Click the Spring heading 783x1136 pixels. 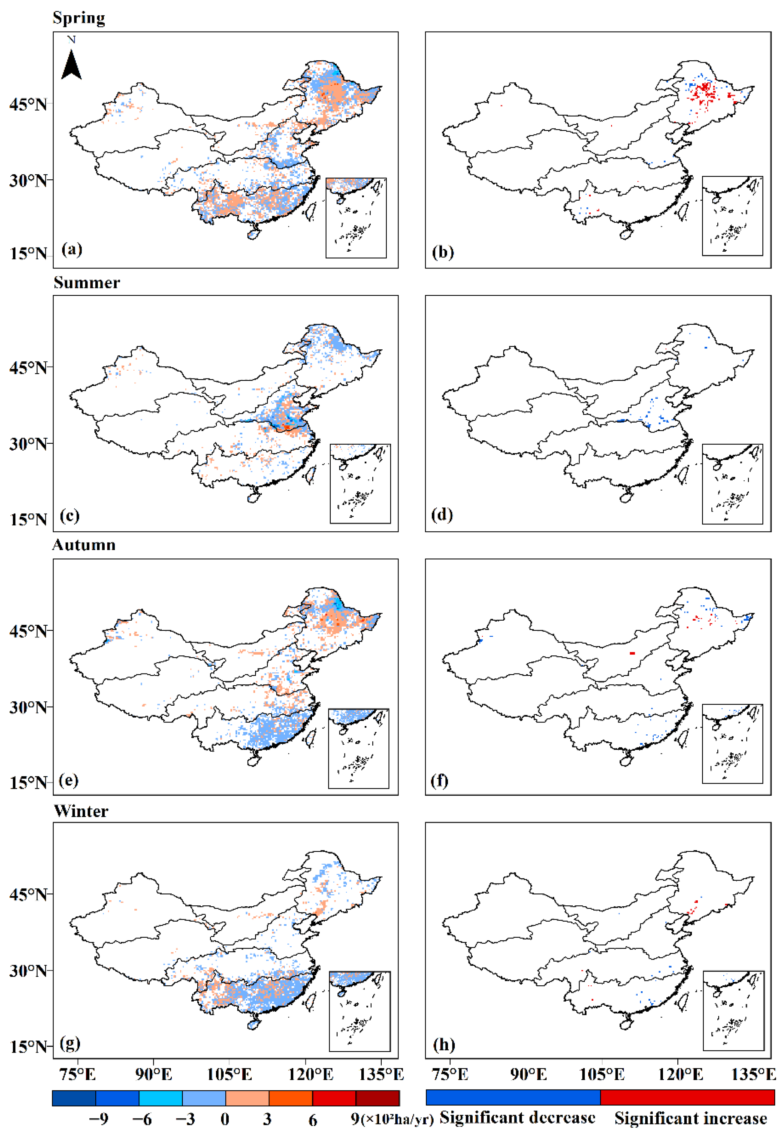coord(78,18)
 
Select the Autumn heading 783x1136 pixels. coord(84,545)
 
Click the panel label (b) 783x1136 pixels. coord(443,252)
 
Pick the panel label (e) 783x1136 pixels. coord(68,780)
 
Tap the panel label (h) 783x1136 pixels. coord(444,1044)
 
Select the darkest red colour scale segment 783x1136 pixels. coord(377,1098)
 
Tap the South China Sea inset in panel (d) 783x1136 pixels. coord(732,484)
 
